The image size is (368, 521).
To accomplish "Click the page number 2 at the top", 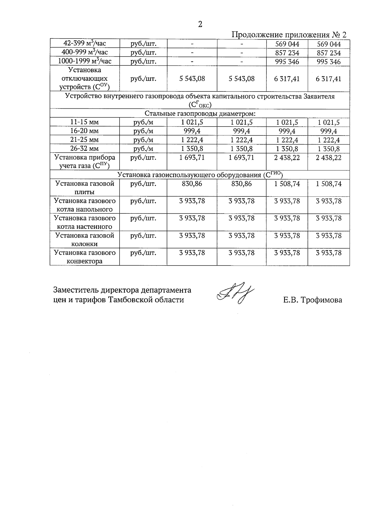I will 200,25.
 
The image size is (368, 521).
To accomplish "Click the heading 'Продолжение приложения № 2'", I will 289,34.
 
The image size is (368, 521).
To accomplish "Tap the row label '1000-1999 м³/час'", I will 85,61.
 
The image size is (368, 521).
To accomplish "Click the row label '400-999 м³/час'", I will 85,52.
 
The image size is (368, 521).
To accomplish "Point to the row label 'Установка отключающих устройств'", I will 85,79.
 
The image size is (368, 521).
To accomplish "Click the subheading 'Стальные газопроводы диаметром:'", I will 200,114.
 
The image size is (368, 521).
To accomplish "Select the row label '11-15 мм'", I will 85,122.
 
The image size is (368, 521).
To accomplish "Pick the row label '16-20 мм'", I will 85,131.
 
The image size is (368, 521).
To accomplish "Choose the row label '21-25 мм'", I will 85,140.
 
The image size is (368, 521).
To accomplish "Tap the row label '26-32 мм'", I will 85,149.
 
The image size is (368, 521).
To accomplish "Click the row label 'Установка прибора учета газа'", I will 85,162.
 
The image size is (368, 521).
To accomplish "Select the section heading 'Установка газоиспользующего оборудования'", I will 200,175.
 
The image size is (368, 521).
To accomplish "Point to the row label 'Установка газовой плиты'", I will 85,188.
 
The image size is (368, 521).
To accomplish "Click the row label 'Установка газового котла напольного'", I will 85,205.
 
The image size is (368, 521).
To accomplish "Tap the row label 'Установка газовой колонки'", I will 85,239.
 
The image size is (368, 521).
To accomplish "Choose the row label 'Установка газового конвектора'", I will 85,257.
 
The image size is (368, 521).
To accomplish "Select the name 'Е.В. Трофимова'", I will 312,300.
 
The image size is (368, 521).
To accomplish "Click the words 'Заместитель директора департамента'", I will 122,290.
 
